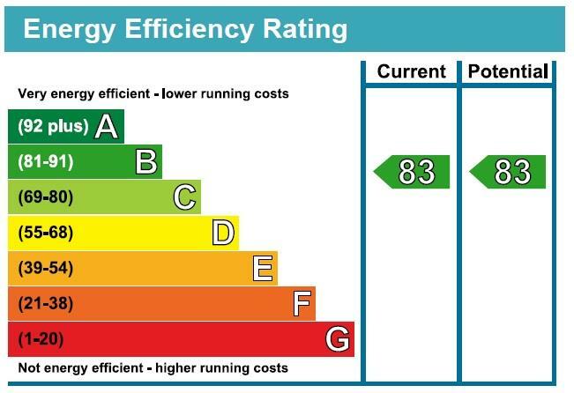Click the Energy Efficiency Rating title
pos(185,29)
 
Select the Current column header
pos(411,72)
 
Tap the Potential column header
pos(508,72)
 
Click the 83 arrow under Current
pos(413,172)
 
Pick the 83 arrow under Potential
pos(508,172)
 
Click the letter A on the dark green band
pos(107,127)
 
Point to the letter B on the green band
pos(145,162)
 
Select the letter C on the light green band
pos(184,197)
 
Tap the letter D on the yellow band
pos(223,234)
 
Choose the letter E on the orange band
pos(262,269)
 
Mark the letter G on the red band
pos(338,339)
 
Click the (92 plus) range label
pos(53,126)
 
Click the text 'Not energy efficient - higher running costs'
pos(153,367)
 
